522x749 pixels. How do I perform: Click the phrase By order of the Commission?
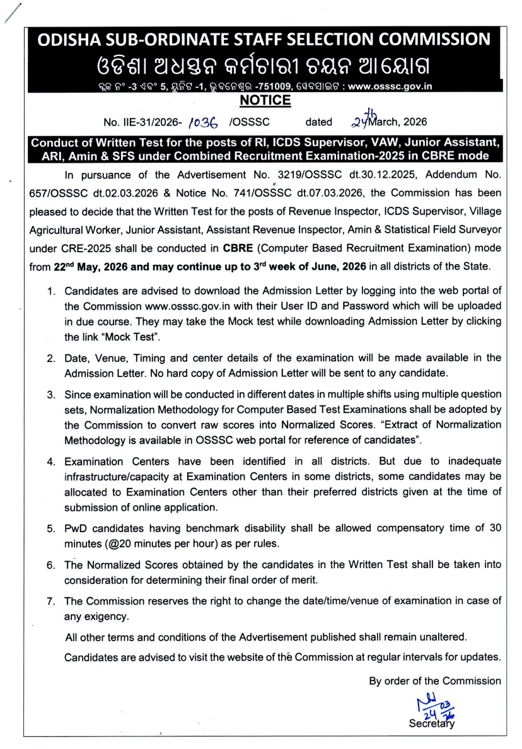coord(434,680)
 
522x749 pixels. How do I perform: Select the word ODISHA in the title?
coord(68,40)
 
